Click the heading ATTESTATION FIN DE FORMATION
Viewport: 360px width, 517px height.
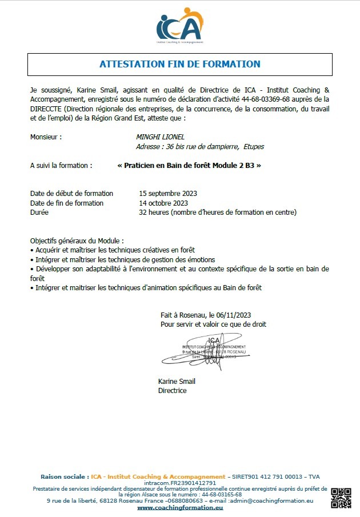pos(180,64)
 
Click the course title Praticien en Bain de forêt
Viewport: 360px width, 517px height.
pos(189,165)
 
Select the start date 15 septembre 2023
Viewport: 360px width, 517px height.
pos(168,193)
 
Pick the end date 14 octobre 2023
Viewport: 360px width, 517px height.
pos(163,203)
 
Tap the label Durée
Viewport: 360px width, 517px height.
pos(39,212)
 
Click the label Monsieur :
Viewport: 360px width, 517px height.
pos(46,137)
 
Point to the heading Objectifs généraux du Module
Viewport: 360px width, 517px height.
pos(77,241)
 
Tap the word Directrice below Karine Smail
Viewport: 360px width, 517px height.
pos(172,391)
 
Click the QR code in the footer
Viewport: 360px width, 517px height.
pos(341,498)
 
